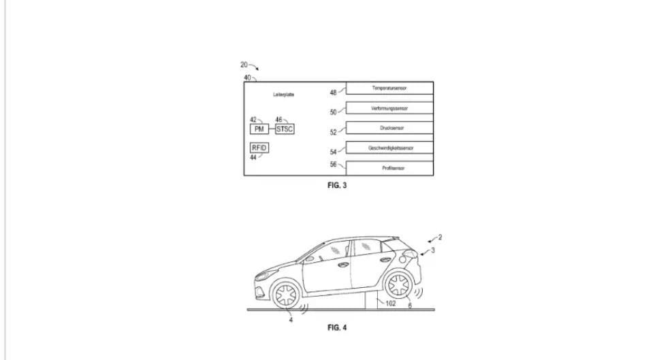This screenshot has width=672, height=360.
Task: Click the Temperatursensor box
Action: click(389, 88)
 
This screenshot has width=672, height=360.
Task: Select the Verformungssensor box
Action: click(389, 108)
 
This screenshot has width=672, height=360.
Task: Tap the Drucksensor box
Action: click(389, 128)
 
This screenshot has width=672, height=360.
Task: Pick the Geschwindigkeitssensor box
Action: click(389, 148)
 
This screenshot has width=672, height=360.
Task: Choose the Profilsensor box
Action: click(389, 167)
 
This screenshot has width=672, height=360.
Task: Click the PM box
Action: click(259, 129)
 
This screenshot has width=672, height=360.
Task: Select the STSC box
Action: click(285, 129)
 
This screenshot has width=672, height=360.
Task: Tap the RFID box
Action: click(259, 148)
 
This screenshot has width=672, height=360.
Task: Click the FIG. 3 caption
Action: click(337, 185)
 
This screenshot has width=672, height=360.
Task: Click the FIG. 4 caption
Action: click(337, 327)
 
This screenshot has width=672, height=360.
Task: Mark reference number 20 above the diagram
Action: click(244, 65)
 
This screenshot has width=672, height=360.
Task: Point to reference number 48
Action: click(334, 93)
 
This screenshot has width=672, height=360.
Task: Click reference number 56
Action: click(334, 164)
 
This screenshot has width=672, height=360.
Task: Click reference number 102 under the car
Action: click(390, 304)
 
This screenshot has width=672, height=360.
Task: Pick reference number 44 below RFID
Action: click(253, 158)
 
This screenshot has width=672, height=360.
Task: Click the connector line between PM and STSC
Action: click(272, 129)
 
